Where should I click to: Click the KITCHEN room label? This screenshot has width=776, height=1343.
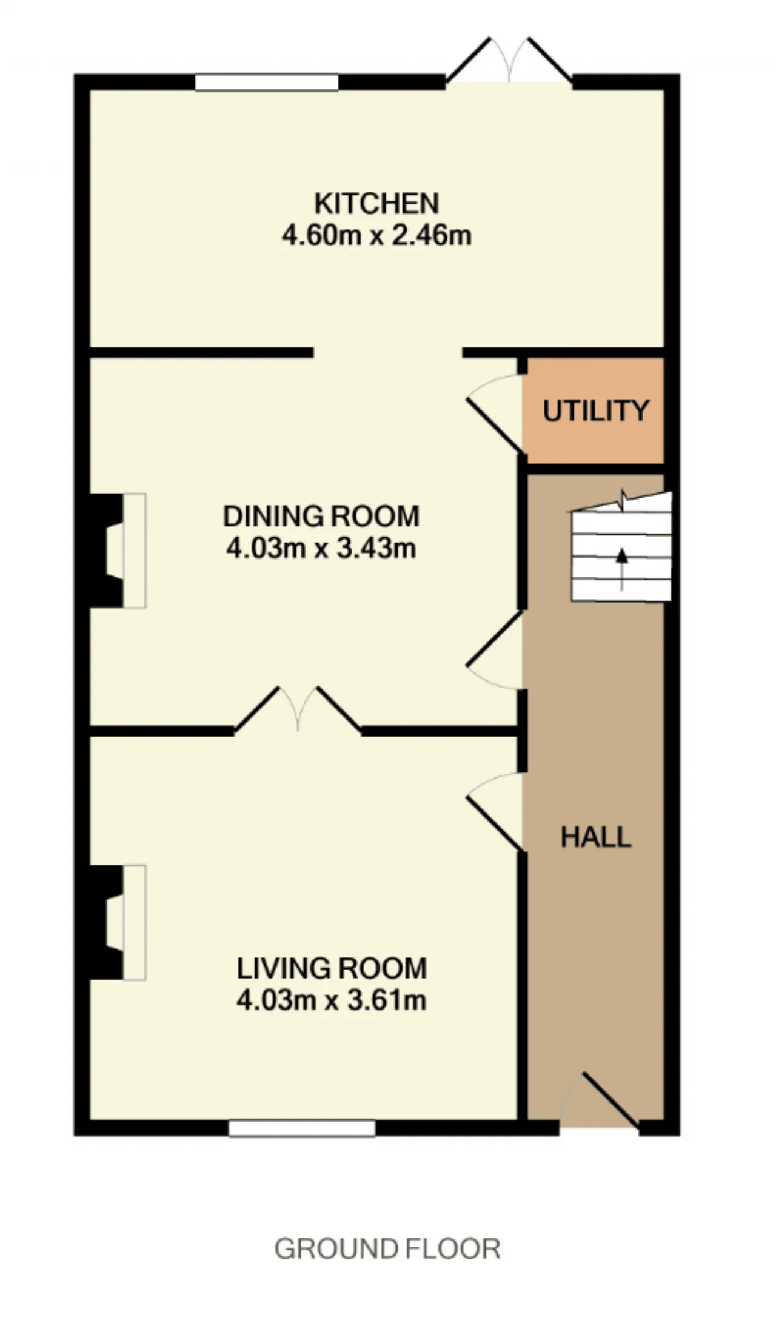pos(376,203)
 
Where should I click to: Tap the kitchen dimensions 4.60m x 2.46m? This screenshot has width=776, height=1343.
pos(376,235)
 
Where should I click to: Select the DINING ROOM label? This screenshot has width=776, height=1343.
pos(321,516)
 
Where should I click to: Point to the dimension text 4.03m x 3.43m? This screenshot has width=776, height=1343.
pos(321,548)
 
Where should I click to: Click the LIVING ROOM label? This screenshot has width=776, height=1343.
pos(332,968)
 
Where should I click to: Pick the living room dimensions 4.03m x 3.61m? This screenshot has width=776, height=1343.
pos(332,1000)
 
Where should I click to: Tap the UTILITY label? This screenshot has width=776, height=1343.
pos(596,410)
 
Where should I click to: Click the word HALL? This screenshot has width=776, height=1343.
pos(596,837)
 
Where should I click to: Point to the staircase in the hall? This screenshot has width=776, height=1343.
pos(621,546)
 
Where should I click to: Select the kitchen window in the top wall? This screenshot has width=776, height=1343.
pos(266,82)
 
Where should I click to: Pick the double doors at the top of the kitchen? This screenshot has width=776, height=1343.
pos(509,61)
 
